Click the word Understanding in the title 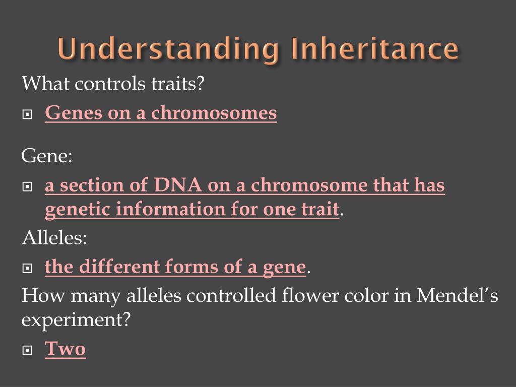pyautogui.click(x=168, y=49)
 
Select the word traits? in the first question pyautogui.click(x=178, y=83)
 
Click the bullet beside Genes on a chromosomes pyautogui.click(x=27, y=114)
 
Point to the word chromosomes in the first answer pyautogui.click(x=214, y=113)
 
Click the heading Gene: pyautogui.click(x=47, y=155)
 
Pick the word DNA pyautogui.click(x=178, y=185)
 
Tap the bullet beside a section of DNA pyautogui.click(x=27, y=186)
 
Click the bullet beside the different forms pyautogui.click(x=27, y=268)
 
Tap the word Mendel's pyautogui.click(x=457, y=295)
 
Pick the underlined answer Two pyautogui.click(x=65, y=349)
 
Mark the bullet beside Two pyautogui.click(x=27, y=350)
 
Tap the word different pyautogui.click(x=119, y=266)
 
